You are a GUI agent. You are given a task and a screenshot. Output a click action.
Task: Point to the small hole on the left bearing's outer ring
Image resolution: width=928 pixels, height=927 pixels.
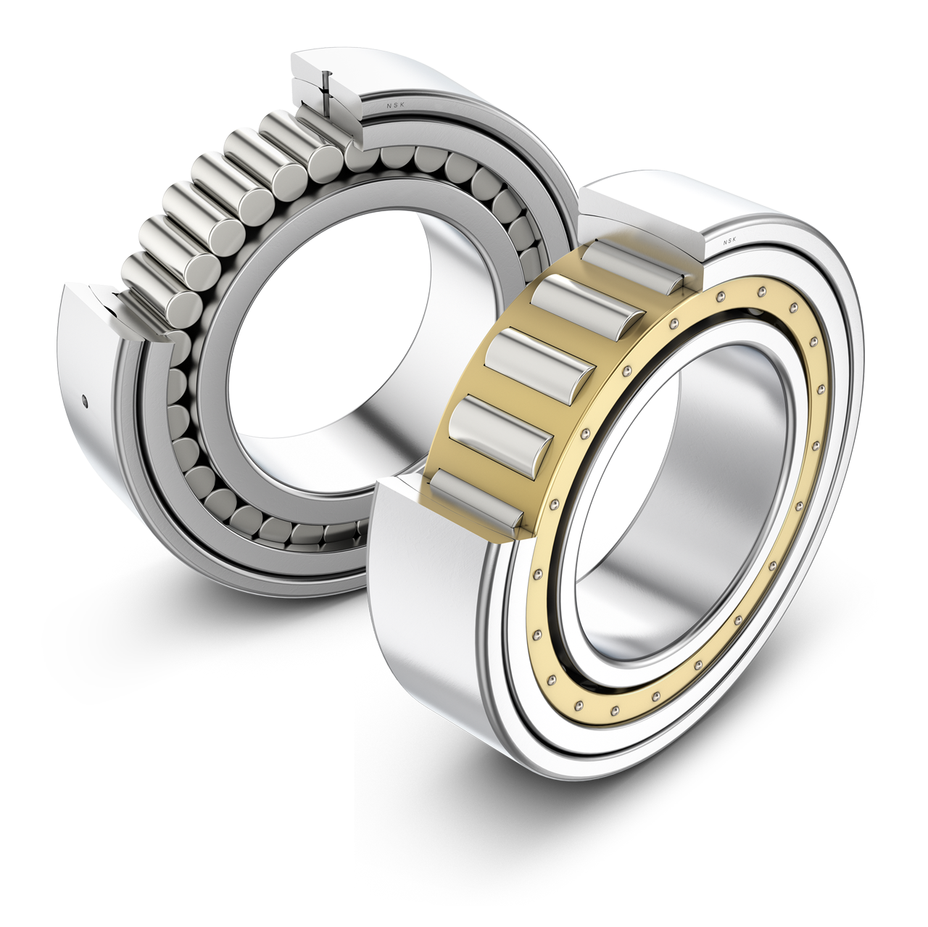85,397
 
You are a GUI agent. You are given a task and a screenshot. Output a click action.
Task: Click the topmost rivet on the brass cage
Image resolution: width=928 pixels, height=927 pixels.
763,291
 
